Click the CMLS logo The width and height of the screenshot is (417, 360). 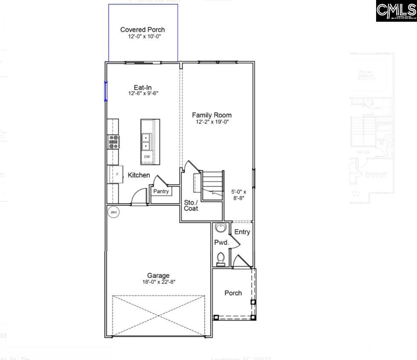[396, 11]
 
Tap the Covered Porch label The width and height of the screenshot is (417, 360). [142, 30]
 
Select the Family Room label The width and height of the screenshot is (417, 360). [212, 115]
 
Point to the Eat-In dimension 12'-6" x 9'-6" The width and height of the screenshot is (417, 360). [143, 93]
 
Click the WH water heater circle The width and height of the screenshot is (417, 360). [113, 212]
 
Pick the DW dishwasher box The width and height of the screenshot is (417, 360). [147, 157]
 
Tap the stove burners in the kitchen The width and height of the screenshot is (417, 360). [114, 141]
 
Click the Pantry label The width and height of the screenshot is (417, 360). [161, 191]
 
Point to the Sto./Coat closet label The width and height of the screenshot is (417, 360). [191, 205]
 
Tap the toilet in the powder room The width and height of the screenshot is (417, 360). [221, 258]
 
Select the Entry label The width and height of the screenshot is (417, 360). [242, 232]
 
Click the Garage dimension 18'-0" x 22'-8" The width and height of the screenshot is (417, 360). [158, 282]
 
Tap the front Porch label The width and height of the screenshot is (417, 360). [233, 293]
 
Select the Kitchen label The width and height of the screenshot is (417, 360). [139, 175]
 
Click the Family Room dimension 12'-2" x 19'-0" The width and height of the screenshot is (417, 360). [212, 122]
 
